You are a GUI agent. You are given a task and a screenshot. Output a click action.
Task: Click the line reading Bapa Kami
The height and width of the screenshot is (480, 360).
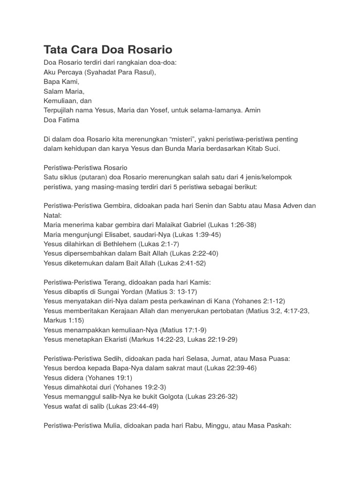(x=61, y=81)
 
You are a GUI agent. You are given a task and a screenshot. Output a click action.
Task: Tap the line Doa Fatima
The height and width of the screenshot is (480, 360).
(x=61, y=120)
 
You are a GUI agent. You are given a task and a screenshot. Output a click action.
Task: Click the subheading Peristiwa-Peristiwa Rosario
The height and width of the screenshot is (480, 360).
(x=85, y=168)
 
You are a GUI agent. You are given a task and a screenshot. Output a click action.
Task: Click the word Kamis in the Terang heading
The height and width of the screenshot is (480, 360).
(x=201, y=282)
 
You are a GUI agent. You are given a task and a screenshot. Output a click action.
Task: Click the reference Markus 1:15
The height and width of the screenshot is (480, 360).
(x=63, y=320)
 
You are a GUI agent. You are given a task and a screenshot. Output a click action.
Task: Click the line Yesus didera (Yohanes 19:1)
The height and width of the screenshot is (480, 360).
(x=88, y=377)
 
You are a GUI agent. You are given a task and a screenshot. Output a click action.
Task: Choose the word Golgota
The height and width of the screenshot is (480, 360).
(x=166, y=397)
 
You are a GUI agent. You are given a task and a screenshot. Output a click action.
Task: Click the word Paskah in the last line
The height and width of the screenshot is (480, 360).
(x=280, y=425)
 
